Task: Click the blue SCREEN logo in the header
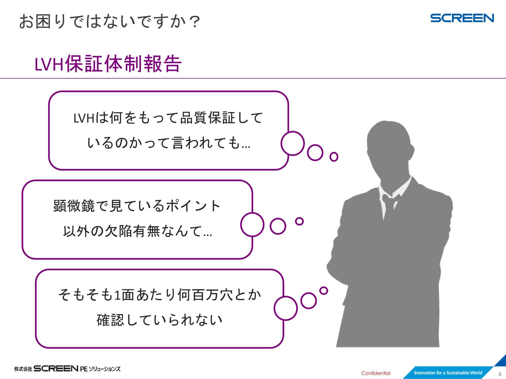pos(462,18)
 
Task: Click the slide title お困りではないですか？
pos(110,21)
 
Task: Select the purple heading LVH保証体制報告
pos(108,63)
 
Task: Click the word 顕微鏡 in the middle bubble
pos(74,206)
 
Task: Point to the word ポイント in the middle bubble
pos(194,206)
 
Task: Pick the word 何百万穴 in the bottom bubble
pos(205,295)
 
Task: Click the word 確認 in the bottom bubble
pos(110,320)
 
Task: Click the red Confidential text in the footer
pos(376,373)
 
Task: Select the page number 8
pos(500,374)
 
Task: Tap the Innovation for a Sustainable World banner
pos(448,372)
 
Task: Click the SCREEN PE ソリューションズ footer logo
pos(67,369)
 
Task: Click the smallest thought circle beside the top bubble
pos(334,157)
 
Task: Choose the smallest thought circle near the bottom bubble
pos(324,291)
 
